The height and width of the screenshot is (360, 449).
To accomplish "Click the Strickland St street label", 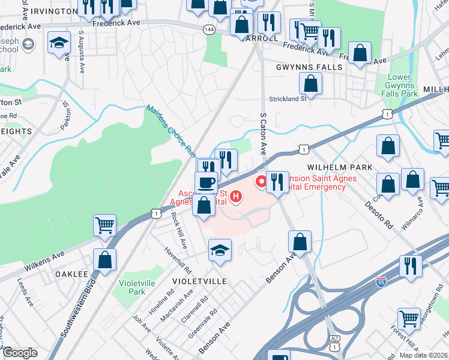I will (288, 98).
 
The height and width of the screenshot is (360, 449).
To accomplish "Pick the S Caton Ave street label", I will (262, 134).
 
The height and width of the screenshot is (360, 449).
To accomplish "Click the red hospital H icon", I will (237, 196).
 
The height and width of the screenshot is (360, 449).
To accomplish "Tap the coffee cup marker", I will (206, 182).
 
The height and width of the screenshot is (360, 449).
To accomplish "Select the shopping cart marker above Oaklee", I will (105, 225).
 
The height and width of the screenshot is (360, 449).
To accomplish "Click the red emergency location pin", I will (262, 181).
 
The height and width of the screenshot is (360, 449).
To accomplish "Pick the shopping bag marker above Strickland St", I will (310, 82).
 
